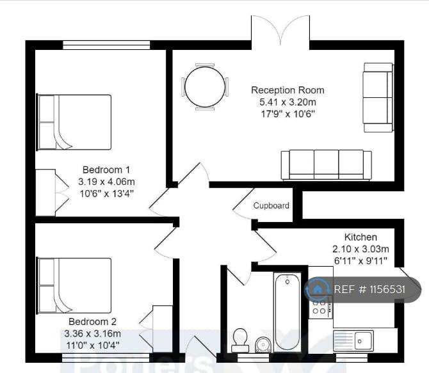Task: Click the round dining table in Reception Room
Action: tap(206, 86)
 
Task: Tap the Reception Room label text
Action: tap(287, 90)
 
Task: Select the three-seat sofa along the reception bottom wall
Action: tap(326, 165)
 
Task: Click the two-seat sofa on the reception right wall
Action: tap(378, 97)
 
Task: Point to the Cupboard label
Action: tap(271, 206)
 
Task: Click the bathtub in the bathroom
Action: tap(287, 311)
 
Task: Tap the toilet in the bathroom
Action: tap(240, 338)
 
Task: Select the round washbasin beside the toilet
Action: tap(263, 345)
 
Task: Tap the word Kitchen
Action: tap(360, 237)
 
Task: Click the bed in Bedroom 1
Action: tap(74, 122)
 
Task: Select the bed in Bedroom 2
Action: tap(74, 285)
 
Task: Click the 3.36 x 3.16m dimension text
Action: tap(92, 333)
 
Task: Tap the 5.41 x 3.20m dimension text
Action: tap(287, 102)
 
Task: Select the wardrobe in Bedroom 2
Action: tap(162, 328)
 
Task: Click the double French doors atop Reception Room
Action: tap(280, 32)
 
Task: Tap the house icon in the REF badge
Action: tap(318, 289)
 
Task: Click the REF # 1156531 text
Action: tap(369, 289)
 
